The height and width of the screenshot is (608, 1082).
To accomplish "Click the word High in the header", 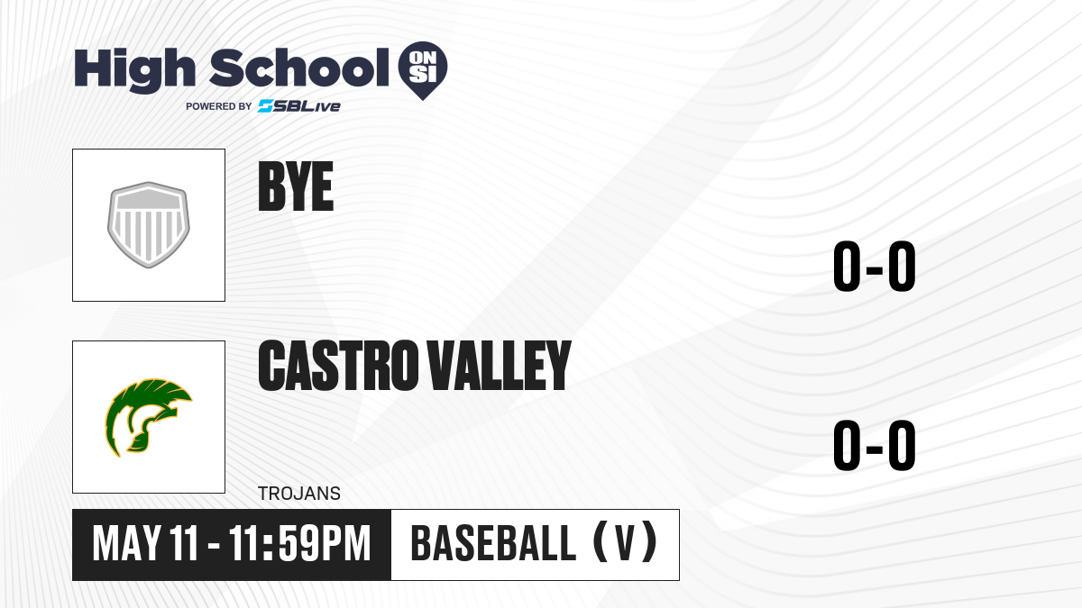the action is (x=134, y=70).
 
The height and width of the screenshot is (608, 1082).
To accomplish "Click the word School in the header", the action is (x=299, y=68).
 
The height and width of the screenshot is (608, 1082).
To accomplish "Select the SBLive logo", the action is (x=299, y=106).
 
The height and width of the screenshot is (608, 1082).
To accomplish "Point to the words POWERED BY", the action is (x=218, y=106).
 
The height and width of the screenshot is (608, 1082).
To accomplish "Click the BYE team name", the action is (x=296, y=186).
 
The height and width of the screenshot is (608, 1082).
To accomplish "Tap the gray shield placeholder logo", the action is (x=148, y=225).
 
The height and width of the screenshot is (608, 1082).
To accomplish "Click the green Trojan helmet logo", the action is (x=148, y=417).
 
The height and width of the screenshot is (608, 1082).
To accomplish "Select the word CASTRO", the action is (x=338, y=365).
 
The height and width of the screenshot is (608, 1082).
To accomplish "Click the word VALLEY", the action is (x=500, y=365).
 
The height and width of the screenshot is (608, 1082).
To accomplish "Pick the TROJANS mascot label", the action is (x=299, y=494).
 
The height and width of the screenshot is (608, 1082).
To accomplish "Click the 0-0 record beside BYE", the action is (x=875, y=267).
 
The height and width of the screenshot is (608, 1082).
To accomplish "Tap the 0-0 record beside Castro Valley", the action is (x=875, y=445).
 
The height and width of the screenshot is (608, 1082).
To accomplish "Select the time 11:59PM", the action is (x=299, y=544).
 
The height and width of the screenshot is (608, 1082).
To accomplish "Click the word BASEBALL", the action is (x=493, y=544).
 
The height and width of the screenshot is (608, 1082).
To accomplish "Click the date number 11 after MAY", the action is (x=184, y=544).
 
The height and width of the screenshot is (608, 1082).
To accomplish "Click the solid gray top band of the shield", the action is (x=148, y=199).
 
